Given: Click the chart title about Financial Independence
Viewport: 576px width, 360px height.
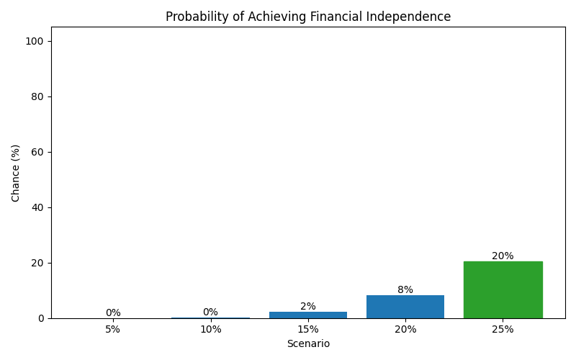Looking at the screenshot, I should tap(308, 17).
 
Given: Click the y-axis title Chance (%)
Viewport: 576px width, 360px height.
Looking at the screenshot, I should tap(16, 173).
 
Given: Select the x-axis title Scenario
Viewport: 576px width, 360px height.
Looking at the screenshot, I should tap(308, 344).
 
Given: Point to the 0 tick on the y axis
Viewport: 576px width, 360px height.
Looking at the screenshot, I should tap(40, 318).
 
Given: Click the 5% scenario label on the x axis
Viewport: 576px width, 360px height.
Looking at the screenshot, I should tap(113, 330).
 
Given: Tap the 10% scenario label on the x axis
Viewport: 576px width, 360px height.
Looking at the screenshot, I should tap(210, 330).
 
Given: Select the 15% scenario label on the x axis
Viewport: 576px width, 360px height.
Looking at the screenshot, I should tap(308, 330).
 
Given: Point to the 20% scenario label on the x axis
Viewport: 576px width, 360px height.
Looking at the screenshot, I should tap(405, 330).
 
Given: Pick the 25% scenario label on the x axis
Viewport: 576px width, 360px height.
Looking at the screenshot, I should tap(503, 330).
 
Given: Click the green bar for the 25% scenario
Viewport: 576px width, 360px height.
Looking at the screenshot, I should tap(503, 290).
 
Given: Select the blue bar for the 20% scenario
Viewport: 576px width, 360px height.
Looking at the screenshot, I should tap(405, 307).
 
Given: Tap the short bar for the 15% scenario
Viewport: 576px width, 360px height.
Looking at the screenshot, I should tap(308, 315).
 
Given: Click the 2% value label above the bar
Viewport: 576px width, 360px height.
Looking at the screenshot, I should tap(308, 306).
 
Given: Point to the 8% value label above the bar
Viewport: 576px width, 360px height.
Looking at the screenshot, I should tap(405, 289).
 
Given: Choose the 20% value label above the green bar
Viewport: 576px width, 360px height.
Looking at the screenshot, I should tap(503, 256).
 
